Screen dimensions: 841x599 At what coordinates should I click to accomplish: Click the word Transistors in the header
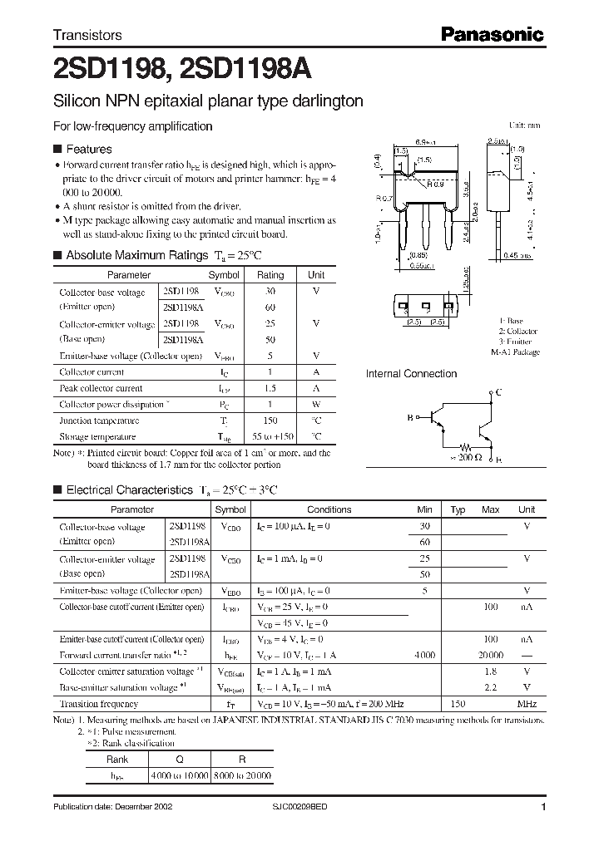[87, 35]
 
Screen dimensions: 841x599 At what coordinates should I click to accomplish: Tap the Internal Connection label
[411, 374]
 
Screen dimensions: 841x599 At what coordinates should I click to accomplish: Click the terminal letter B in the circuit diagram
[409, 419]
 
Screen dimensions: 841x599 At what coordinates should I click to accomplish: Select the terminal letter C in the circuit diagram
[498, 391]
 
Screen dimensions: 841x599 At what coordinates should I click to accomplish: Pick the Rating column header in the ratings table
[270, 275]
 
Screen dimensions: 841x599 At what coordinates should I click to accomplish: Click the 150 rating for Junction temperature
[270, 420]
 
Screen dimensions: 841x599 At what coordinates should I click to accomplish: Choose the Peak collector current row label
[101, 388]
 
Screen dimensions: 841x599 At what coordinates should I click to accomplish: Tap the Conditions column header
[329, 509]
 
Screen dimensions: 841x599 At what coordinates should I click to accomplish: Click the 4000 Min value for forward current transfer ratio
[424, 655]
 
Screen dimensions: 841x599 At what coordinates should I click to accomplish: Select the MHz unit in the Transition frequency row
[527, 704]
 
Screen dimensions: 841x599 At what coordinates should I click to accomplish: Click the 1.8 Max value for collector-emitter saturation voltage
[491, 671]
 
